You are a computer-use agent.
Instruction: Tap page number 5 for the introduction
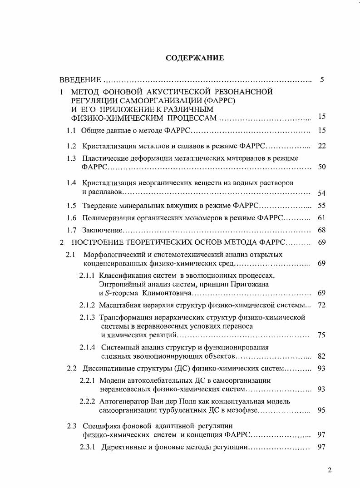coord(321,80)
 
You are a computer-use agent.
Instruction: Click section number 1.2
coord(71,146)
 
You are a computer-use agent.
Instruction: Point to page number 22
coord(322,146)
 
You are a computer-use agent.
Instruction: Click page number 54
coord(322,193)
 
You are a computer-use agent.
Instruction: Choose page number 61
coord(322,218)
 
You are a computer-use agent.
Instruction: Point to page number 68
coord(322,230)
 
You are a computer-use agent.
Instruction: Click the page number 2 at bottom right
coord(330,470)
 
